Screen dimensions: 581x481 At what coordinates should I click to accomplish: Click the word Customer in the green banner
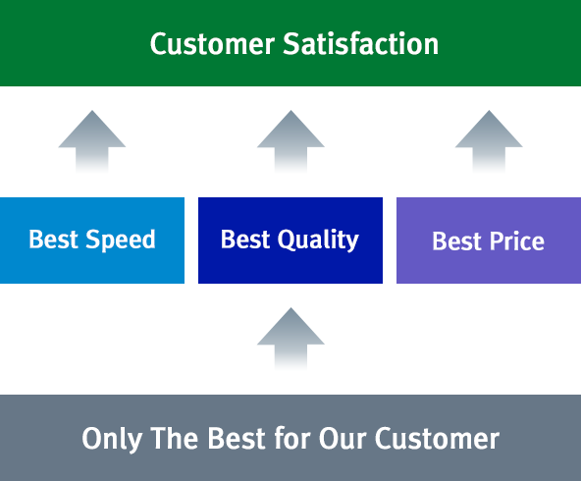[x=212, y=44]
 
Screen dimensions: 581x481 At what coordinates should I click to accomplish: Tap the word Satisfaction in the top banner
[x=361, y=43]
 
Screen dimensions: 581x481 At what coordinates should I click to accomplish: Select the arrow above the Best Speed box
[x=92, y=141]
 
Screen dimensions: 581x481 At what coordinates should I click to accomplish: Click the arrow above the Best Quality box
[x=290, y=141]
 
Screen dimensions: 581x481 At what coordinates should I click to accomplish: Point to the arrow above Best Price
[x=489, y=141]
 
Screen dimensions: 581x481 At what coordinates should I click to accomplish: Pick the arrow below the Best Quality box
[x=290, y=339]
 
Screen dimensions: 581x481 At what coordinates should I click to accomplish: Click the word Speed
[x=121, y=240]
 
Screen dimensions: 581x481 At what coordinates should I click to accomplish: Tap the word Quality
[x=318, y=240]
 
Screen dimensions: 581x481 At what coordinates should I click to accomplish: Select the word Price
[x=517, y=241]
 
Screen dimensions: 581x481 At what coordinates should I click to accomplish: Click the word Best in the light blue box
[x=53, y=239]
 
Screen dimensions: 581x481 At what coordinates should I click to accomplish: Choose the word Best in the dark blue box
[x=245, y=239]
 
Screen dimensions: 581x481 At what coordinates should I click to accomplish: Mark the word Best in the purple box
[x=456, y=241]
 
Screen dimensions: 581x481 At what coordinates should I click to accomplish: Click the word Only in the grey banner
[x=112, y=440]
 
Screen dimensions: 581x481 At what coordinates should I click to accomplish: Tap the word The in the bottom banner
[x=174, y=438]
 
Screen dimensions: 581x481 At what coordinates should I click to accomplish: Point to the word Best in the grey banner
[x=237, y=438]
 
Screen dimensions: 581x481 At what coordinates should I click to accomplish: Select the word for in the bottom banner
[x=292, y=438]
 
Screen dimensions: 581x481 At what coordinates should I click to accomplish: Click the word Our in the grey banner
[x=343, y=439]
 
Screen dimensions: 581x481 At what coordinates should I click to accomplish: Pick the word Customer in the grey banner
[x=437, y=439]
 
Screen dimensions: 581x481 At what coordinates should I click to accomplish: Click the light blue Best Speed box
[x=92, y=240]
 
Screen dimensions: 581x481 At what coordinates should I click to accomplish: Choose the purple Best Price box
[x=489, y=240]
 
